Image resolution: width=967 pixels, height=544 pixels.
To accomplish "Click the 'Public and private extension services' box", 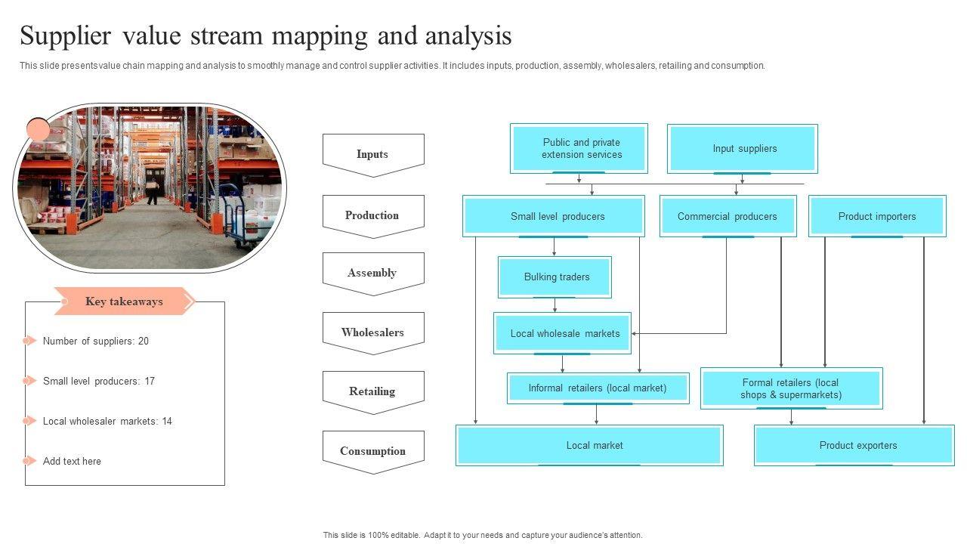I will click(579, 148).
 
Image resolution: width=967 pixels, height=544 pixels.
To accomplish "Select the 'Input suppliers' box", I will click(743, 148).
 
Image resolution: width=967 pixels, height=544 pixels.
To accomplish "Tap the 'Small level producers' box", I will click(554, 216).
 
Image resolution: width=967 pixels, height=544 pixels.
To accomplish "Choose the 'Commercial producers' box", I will click(728, 216).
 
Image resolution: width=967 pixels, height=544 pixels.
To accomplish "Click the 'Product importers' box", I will click(877, 216).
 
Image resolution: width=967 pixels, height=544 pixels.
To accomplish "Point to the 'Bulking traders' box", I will click(555, 277).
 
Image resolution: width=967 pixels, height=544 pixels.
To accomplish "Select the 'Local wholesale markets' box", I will click(563, 333).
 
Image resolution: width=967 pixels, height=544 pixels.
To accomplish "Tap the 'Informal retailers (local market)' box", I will click(598, 388).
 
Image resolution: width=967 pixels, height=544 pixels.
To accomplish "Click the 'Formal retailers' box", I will click(791, 388).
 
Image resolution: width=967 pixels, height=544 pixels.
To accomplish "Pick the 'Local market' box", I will click(589, 445).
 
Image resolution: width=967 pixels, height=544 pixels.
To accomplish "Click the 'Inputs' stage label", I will click(372, 154).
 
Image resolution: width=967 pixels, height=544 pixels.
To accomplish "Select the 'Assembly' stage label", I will click(372, 273).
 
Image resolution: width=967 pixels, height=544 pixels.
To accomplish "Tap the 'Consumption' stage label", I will click(372, 451).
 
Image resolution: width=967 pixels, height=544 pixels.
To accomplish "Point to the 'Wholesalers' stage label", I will click(372, 332).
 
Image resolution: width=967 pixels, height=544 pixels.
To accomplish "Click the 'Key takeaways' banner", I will click(124, 301).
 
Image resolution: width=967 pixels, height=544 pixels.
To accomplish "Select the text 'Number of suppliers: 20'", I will click(96, 342).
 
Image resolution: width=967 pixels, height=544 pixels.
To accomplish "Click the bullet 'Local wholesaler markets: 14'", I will click(107, 422).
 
